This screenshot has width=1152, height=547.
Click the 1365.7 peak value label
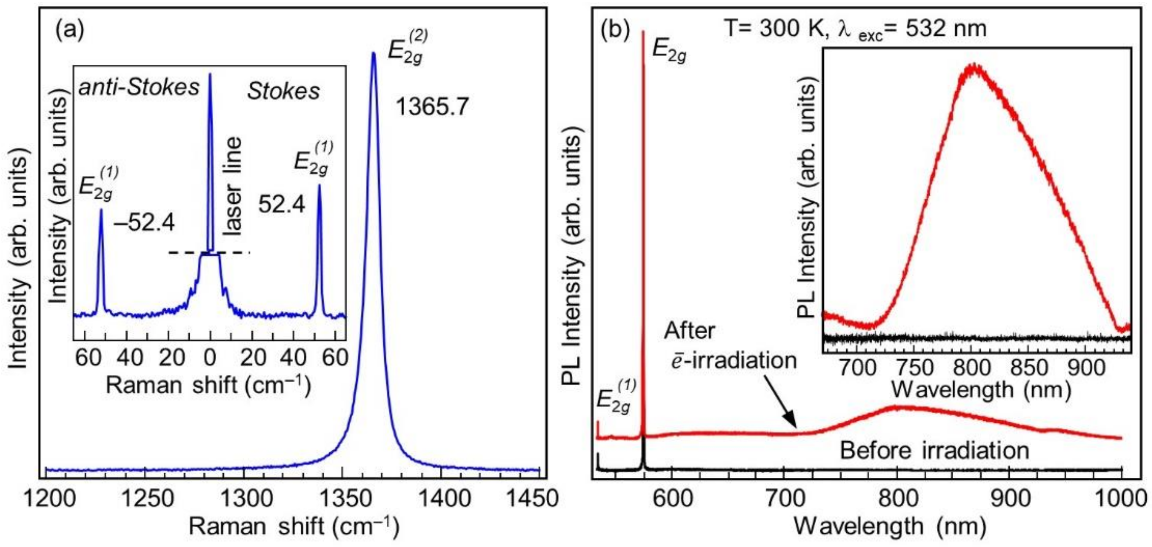click(x=432, y=107)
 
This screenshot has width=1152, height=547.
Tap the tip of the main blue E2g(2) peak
click(x=374, y=54)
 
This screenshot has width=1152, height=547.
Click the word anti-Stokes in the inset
click(x=139, y=87)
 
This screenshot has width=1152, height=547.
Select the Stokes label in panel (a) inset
click(x=284, y=91)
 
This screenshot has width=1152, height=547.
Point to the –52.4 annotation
click(x=144, y=222)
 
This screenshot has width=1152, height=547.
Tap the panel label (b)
click(x=615, y=30)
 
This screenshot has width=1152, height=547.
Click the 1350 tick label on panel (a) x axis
click(x=341, y=498)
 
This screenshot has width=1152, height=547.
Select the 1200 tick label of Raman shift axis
click(x=49, y=498)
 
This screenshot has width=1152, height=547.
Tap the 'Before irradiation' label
click(x=935, y=450)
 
